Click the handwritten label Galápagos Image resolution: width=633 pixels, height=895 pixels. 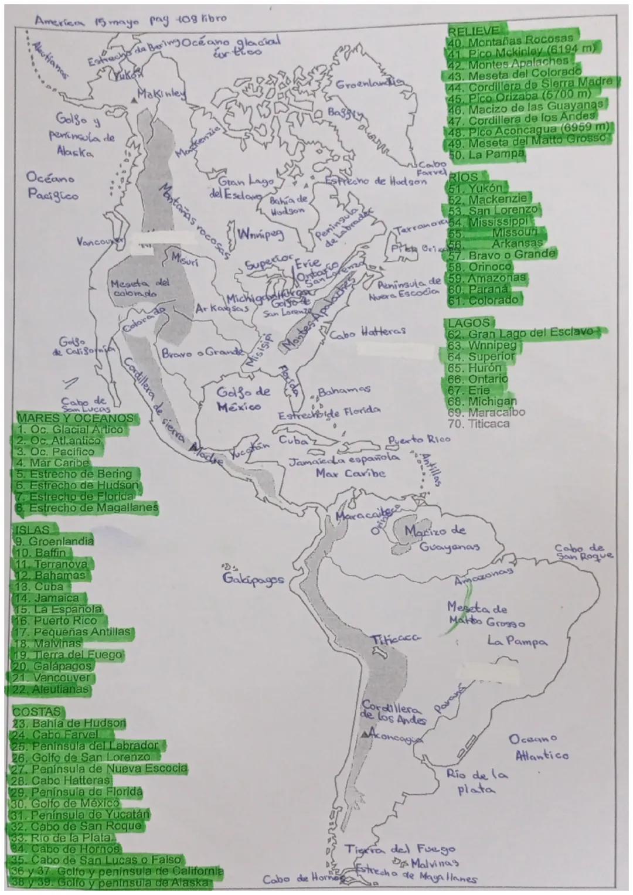[253, 578]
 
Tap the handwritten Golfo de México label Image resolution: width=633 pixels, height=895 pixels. [244, 398]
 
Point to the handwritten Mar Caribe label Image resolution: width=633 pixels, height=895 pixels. [350, 472]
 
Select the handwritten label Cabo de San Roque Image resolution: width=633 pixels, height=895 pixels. [584, 552]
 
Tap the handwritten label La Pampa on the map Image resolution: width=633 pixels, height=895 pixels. [518, 641]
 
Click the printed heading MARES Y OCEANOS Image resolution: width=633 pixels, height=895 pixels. [76, 418]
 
